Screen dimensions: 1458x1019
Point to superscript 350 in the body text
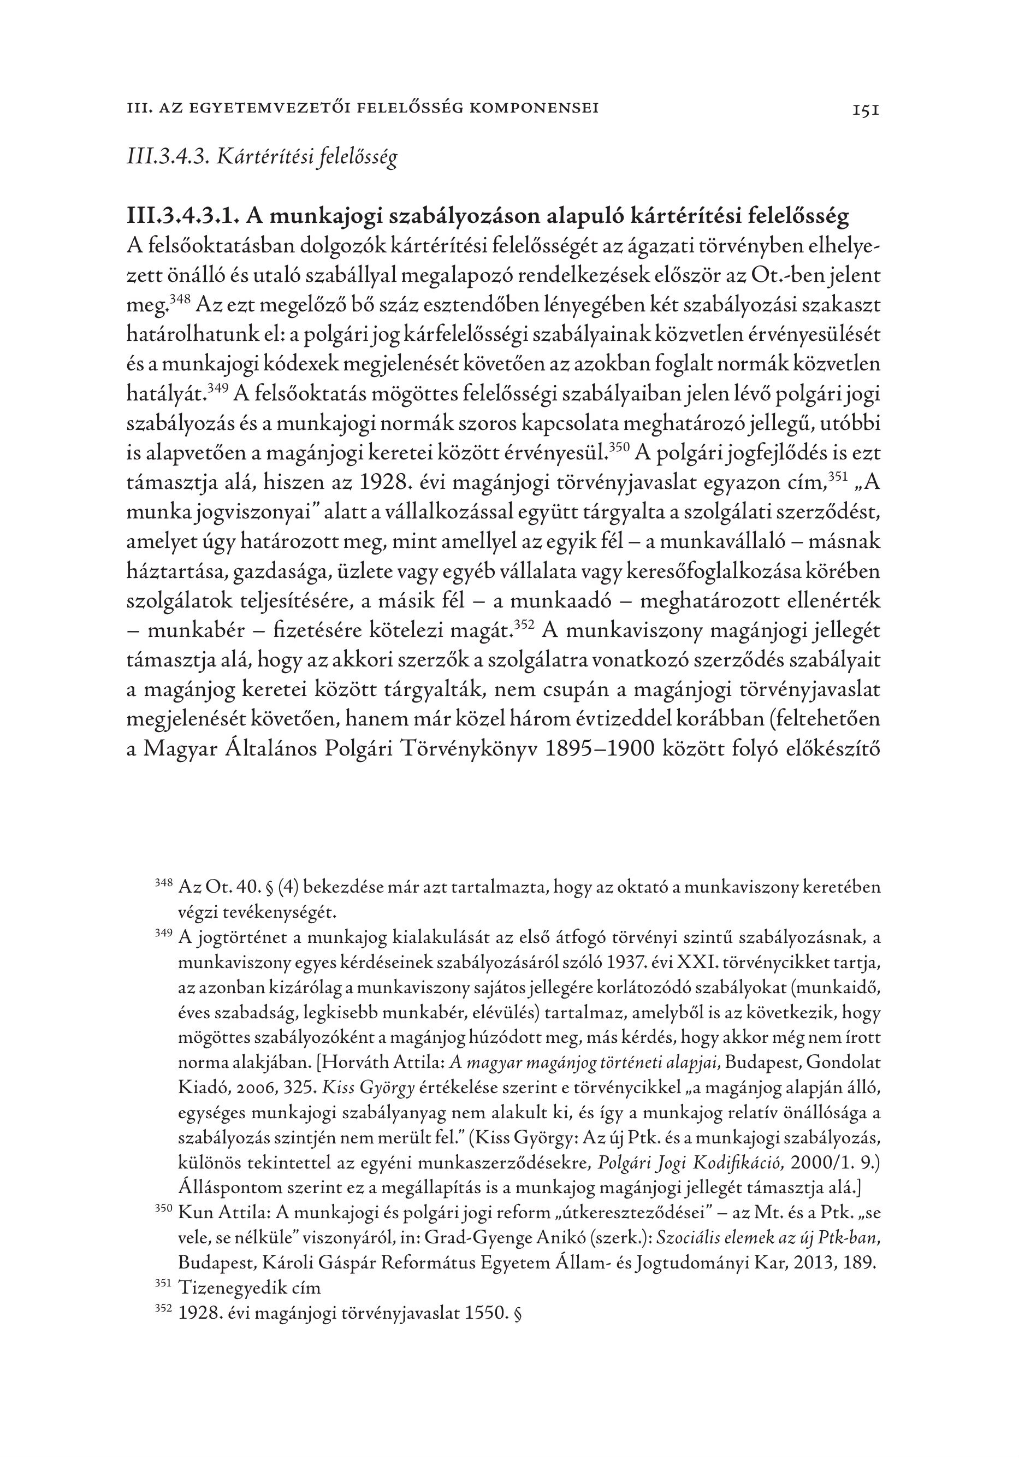pyautogui.click(x=619, y=448)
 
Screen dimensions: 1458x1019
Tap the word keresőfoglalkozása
pyautogui.click(x=715, y=572)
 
